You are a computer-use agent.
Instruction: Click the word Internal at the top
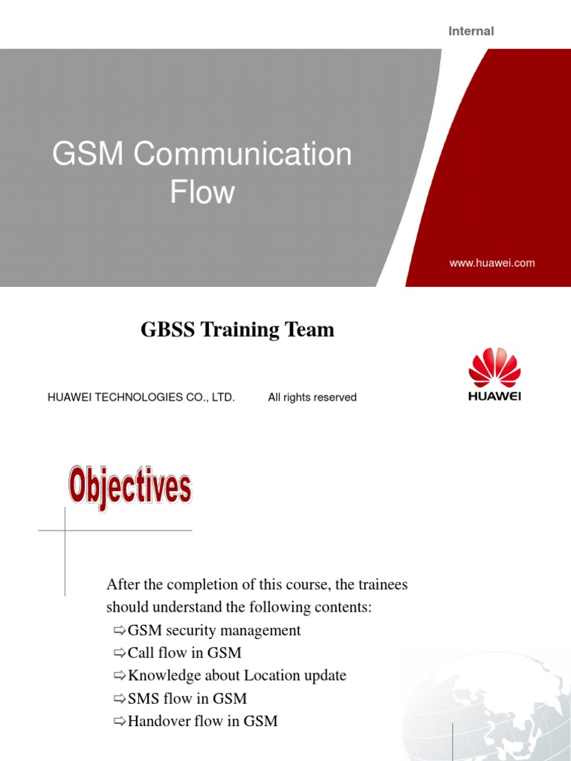tap(471, 31)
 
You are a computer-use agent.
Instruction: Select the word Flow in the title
tap(202, 192)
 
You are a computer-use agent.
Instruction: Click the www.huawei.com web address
tap(492, 263)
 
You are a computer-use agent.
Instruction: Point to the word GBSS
tap(165, 330)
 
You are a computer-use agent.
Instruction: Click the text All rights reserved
tap(312, 398)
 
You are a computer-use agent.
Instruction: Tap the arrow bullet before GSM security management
tap(120, 631)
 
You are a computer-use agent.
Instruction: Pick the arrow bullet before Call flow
tap(120, 653)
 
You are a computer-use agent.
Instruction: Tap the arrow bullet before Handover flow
tap(120, 721)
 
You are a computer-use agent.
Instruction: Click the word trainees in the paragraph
tap(379, 585)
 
